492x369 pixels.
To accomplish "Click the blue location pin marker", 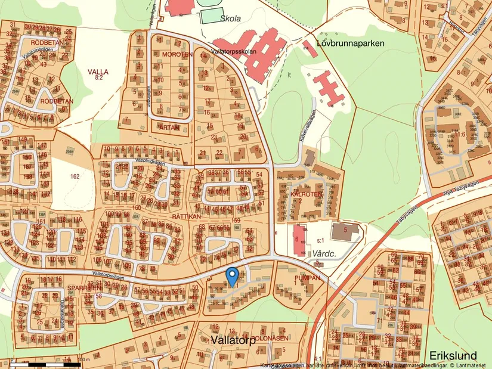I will point(233,277).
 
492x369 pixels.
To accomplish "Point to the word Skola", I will point(230,18).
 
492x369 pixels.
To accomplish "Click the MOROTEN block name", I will point(177,54).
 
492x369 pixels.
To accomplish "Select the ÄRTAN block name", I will point(170,127).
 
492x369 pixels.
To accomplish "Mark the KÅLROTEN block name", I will point(307,194).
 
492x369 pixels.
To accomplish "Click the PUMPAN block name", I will point(308,278).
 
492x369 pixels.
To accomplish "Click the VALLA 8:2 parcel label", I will point(98,75).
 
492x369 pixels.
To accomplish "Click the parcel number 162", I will point(75,176).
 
